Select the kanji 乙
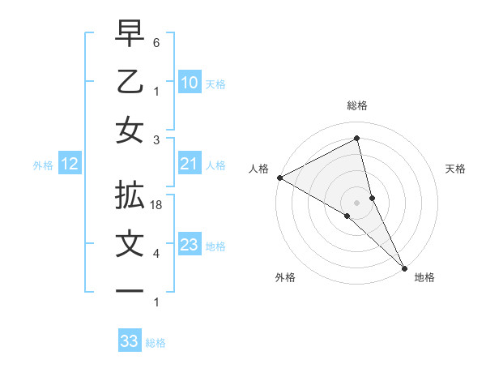130,82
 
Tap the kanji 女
130,131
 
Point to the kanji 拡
130,195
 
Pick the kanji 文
130,244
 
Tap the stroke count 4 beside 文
156,254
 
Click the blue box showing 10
189,82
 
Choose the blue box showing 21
189,165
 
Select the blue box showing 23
189,245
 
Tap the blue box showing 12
69,165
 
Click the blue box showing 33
129,341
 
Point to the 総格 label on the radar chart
357,105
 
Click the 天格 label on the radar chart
456,169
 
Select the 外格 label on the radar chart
285,277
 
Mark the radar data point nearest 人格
279,178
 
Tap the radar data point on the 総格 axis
357,139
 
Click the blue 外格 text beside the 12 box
43,165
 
